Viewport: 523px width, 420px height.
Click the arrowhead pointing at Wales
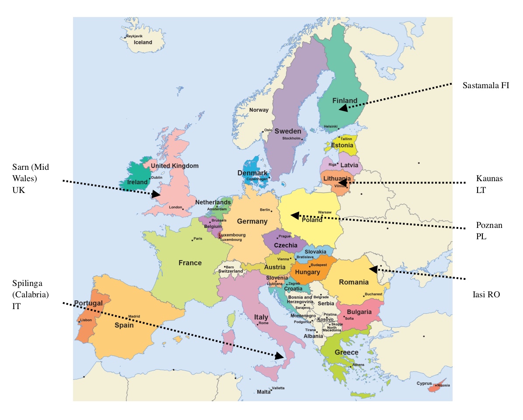click(155, 194)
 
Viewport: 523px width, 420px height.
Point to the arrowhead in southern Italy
click(279, 356)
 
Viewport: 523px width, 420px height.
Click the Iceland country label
click(143, 42)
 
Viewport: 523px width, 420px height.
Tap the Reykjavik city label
click(134, 36)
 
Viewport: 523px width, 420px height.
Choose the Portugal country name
click(88, 303)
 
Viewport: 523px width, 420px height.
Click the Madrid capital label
click(134, 317)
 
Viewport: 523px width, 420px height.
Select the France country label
click(190, 263)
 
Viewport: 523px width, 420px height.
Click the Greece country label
click(346, 352)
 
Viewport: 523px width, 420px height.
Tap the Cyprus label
click(424, 384)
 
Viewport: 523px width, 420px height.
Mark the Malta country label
click(263, 392)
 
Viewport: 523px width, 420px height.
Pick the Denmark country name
click(252, 173)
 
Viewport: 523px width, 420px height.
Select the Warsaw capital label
click(324, 212)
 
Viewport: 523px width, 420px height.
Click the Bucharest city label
click(374, 294)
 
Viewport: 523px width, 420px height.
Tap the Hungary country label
click(307, 272)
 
